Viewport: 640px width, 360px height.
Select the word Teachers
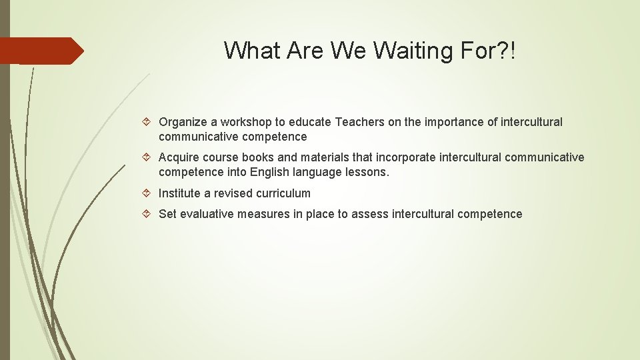click(360, 122)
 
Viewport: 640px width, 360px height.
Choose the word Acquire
click(179, 158)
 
